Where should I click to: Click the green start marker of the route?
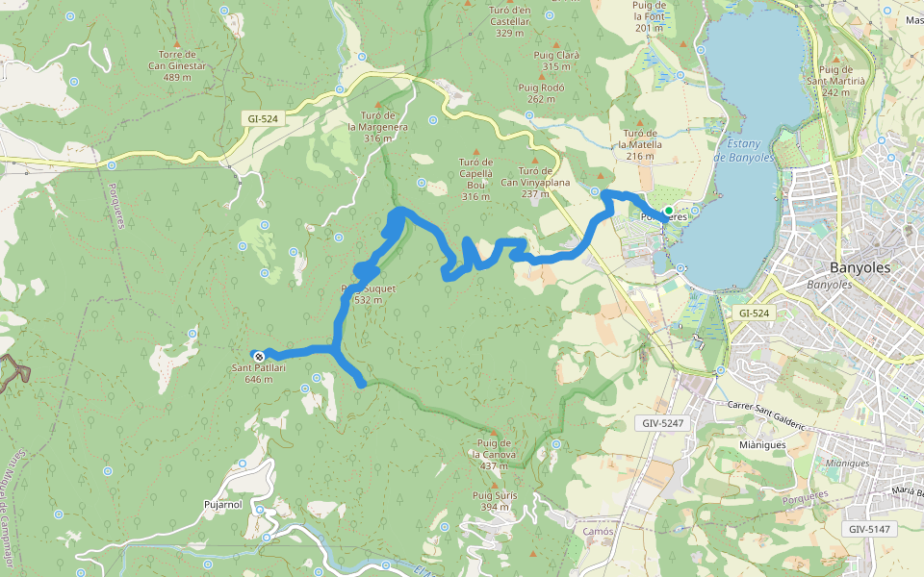pos(668,211)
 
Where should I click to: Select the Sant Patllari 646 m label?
pos(252,373)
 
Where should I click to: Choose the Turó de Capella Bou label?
pos(475,179)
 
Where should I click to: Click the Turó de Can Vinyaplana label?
pos(535,175)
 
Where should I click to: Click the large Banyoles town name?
pos(860,267)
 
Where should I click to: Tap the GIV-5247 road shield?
pos(662,423)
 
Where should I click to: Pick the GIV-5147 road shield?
pos(870,529)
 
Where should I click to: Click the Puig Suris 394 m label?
pos(495,501)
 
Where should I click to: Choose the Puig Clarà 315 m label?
pos(555,60)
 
